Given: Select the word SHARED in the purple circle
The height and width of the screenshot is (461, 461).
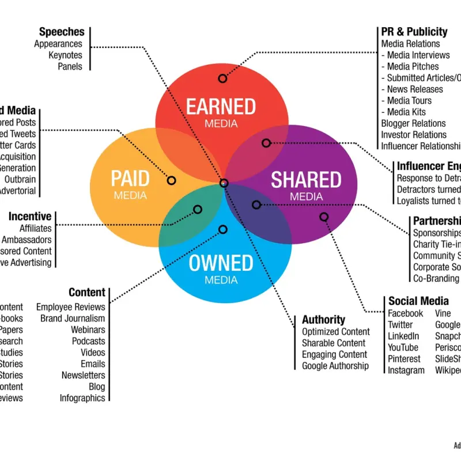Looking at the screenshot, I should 306,180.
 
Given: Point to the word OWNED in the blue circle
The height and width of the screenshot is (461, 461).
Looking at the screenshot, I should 221,263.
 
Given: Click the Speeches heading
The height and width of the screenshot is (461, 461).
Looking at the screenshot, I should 62,32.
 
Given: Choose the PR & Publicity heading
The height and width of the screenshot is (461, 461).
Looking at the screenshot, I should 414,32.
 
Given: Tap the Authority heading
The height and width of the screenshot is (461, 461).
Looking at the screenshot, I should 323,319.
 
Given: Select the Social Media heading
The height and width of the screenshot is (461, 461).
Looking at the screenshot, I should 418,301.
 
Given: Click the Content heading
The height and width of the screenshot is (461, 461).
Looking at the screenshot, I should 87,293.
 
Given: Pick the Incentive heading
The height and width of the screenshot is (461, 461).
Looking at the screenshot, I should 30,217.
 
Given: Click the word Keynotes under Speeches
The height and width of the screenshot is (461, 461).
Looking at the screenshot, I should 66,55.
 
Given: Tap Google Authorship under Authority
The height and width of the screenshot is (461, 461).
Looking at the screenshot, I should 335,365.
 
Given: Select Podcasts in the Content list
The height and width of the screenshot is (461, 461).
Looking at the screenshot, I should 89,341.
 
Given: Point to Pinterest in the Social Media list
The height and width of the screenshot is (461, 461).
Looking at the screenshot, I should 404,359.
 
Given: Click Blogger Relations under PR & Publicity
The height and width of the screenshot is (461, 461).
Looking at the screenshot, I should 413,123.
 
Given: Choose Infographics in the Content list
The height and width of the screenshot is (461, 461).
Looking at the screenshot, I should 82,398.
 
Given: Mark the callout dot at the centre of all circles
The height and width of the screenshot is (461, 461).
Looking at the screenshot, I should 224,183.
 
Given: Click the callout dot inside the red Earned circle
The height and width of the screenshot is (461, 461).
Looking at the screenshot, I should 223,78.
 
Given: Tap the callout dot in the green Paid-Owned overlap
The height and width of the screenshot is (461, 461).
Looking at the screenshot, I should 198,209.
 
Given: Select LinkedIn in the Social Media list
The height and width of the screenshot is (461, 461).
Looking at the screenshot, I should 403,336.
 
